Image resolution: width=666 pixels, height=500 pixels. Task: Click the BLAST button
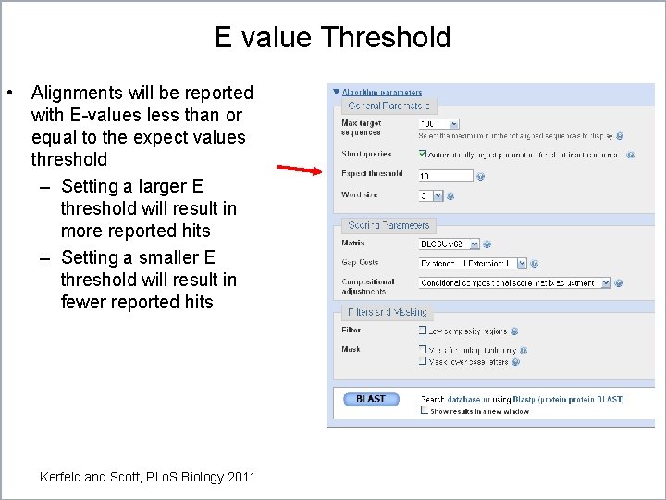tap(370, 399)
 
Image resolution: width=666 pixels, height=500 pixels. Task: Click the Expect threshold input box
tap(445, 176)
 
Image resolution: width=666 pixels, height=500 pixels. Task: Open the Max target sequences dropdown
tap(438, 123)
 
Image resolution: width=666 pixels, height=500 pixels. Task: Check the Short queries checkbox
tap(423, 154)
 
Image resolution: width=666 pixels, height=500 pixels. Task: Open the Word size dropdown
tap(431, 196)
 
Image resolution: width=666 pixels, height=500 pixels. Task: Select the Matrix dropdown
tap(449, 244)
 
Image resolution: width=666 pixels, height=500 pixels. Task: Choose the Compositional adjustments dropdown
tap(514, 282)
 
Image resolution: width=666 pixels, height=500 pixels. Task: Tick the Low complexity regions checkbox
tap(423, 330)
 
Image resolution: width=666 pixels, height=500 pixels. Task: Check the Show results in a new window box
tap(425, 411)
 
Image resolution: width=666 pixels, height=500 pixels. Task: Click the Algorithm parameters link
tap(381, 93)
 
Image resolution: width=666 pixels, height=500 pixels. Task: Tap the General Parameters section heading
tap(376, 106)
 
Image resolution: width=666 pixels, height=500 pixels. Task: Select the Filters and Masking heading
tap(388, 312)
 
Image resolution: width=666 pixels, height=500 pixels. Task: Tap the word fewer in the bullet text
tap(83, 302)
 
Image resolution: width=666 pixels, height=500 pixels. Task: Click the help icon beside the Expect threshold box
tap(481, 176)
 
